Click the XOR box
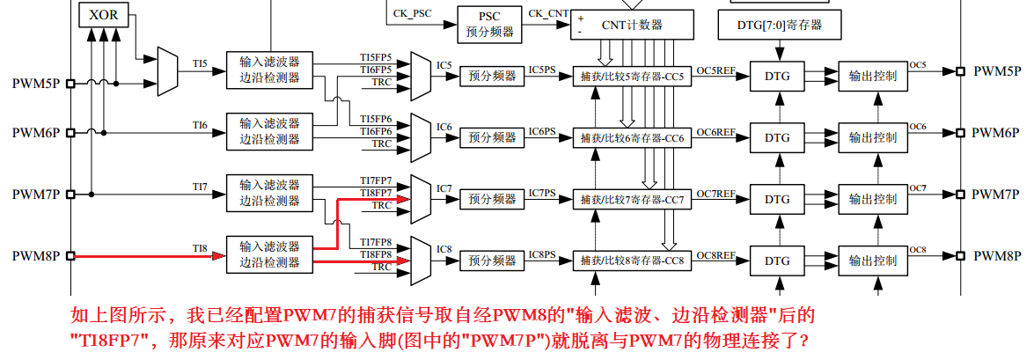(103, 15)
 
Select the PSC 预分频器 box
(489, 24)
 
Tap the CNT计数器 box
(632, 24)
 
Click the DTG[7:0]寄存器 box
(779, 25)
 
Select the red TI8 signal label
(200, 249)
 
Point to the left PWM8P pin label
(36, 256)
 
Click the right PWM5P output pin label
(996, 70)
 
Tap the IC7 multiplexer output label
(444, 188)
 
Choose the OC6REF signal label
(715, 131)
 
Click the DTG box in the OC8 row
(777, 261)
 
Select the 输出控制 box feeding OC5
(873, 77)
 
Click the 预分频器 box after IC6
(492, 137)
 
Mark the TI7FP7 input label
(376, 180)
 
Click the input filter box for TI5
(269, 70)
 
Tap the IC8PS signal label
(542, 254)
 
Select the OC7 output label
(919, 188)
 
